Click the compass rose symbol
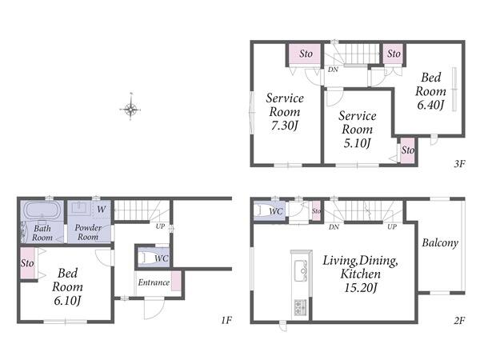click(130, 108)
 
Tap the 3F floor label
click(459, 164)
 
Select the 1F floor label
click(226, 321)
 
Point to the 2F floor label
click(459, 321)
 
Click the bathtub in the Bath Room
click(42, 210)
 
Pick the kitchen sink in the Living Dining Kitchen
click(301, 270)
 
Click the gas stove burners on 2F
click(300, 308)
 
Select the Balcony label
click(440, 243)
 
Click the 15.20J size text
click(360, 288)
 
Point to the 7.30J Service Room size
click(284, 126)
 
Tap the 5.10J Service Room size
click(357, 143)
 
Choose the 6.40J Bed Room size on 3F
click(430, 105)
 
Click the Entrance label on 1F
click(154, 282)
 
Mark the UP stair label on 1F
click(160, 226)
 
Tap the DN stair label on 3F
click(333, 70)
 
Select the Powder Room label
click(88, 232)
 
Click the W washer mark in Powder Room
click(102, 210)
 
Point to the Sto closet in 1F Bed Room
click(27, 263)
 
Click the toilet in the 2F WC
click(259, 210)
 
